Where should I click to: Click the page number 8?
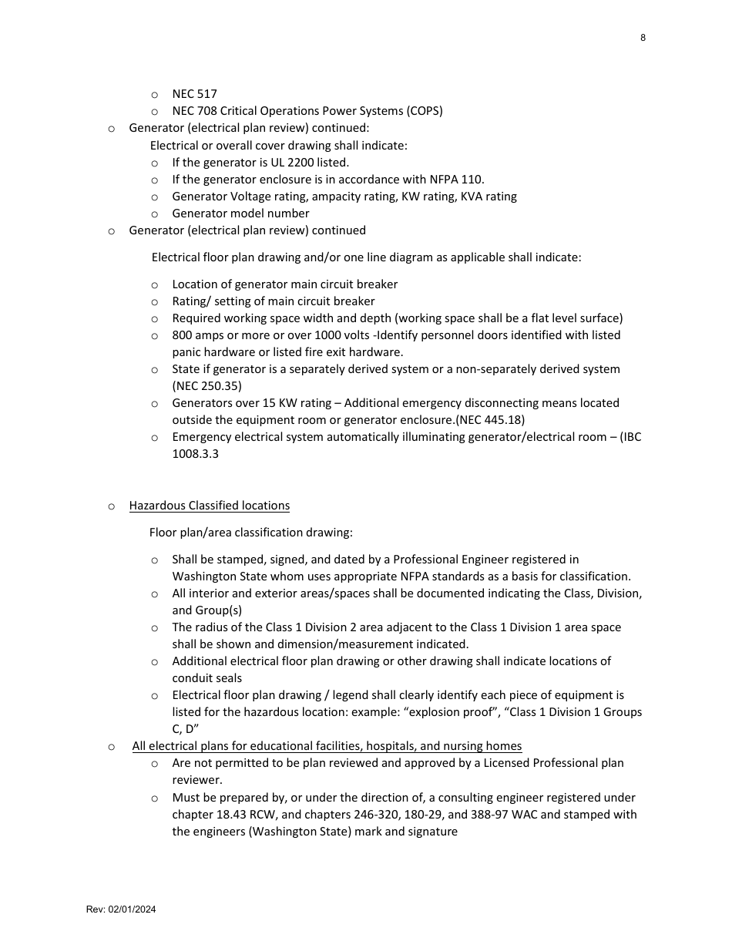coord(643,38)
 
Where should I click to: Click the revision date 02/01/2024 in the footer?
coord(132,909)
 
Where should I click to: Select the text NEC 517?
coord(194,94)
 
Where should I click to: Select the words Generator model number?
coord(240,213)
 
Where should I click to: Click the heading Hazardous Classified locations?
coord(209,506)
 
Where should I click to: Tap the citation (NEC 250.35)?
coord(207,386)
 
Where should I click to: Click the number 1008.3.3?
coord(195,454)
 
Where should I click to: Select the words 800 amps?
coord(198,335)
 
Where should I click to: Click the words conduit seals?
coord(207,678)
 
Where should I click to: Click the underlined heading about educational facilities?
coord(327,746)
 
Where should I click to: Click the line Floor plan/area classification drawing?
coord(250,533)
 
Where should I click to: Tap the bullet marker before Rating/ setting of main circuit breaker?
coord(155,301)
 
